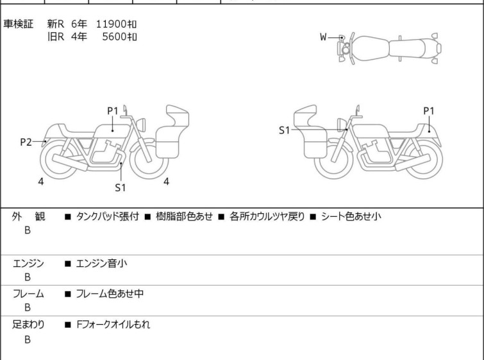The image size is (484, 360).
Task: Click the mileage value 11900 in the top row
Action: coord(112,24)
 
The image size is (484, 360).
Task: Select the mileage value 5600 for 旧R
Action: coord(115,37)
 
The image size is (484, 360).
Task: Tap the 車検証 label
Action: coord(18,24)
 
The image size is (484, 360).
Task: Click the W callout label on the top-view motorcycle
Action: coord(323,37)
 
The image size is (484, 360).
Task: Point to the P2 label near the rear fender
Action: coord(26,142)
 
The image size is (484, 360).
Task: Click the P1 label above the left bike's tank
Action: coord(113,111)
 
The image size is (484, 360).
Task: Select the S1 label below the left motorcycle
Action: coord(121,187)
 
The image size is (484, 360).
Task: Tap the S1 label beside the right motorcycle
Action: coord(284,130)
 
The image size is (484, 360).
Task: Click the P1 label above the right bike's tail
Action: coord(429,111)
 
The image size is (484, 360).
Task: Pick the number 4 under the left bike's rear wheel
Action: coord(41,182)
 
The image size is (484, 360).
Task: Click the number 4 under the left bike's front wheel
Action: coord(167,182)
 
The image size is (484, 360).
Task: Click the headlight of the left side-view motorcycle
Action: coord(141,124)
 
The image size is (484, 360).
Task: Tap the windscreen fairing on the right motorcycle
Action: coord(305,116)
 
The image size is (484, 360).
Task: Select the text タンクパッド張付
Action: coord(108,216)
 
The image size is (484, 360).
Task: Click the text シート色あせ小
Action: coord(351,216)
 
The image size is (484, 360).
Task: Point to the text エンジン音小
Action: coord(101,264)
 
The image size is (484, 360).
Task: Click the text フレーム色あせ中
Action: coord(110,293)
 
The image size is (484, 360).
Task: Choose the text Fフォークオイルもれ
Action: coord(113,325)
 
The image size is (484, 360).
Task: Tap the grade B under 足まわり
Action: coord(28,339)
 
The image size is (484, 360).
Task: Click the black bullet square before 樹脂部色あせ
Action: coord(148,217)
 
